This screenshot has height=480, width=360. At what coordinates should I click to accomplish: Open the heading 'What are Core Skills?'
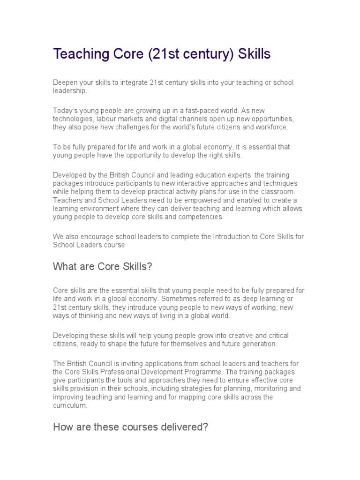103,267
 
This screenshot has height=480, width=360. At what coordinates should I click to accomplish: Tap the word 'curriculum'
69,406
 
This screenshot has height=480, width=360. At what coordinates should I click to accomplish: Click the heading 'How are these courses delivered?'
131,427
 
